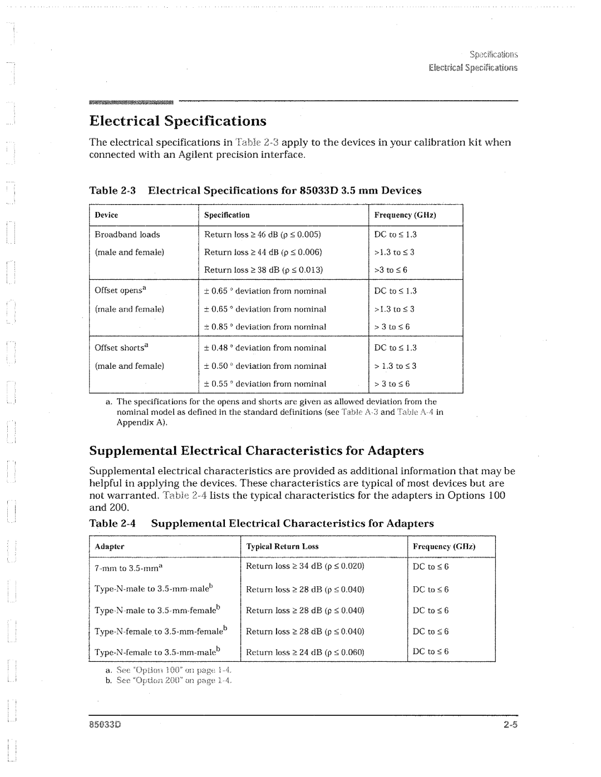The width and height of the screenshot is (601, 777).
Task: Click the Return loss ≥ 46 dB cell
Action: [x=263, y=235]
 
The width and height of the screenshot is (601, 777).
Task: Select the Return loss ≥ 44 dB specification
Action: [x=263, y=253]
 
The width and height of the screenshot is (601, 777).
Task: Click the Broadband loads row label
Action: [x=127, y=235]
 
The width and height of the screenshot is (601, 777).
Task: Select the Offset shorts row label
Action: [x=124, y=348]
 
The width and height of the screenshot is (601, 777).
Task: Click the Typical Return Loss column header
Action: [x=283, y=547]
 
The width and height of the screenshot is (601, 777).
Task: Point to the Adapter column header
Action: [x=109, y=547]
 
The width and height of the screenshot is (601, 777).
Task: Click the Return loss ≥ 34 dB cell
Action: [x=305, y=566]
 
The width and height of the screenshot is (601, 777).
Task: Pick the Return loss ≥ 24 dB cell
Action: [x=305, y=652]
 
